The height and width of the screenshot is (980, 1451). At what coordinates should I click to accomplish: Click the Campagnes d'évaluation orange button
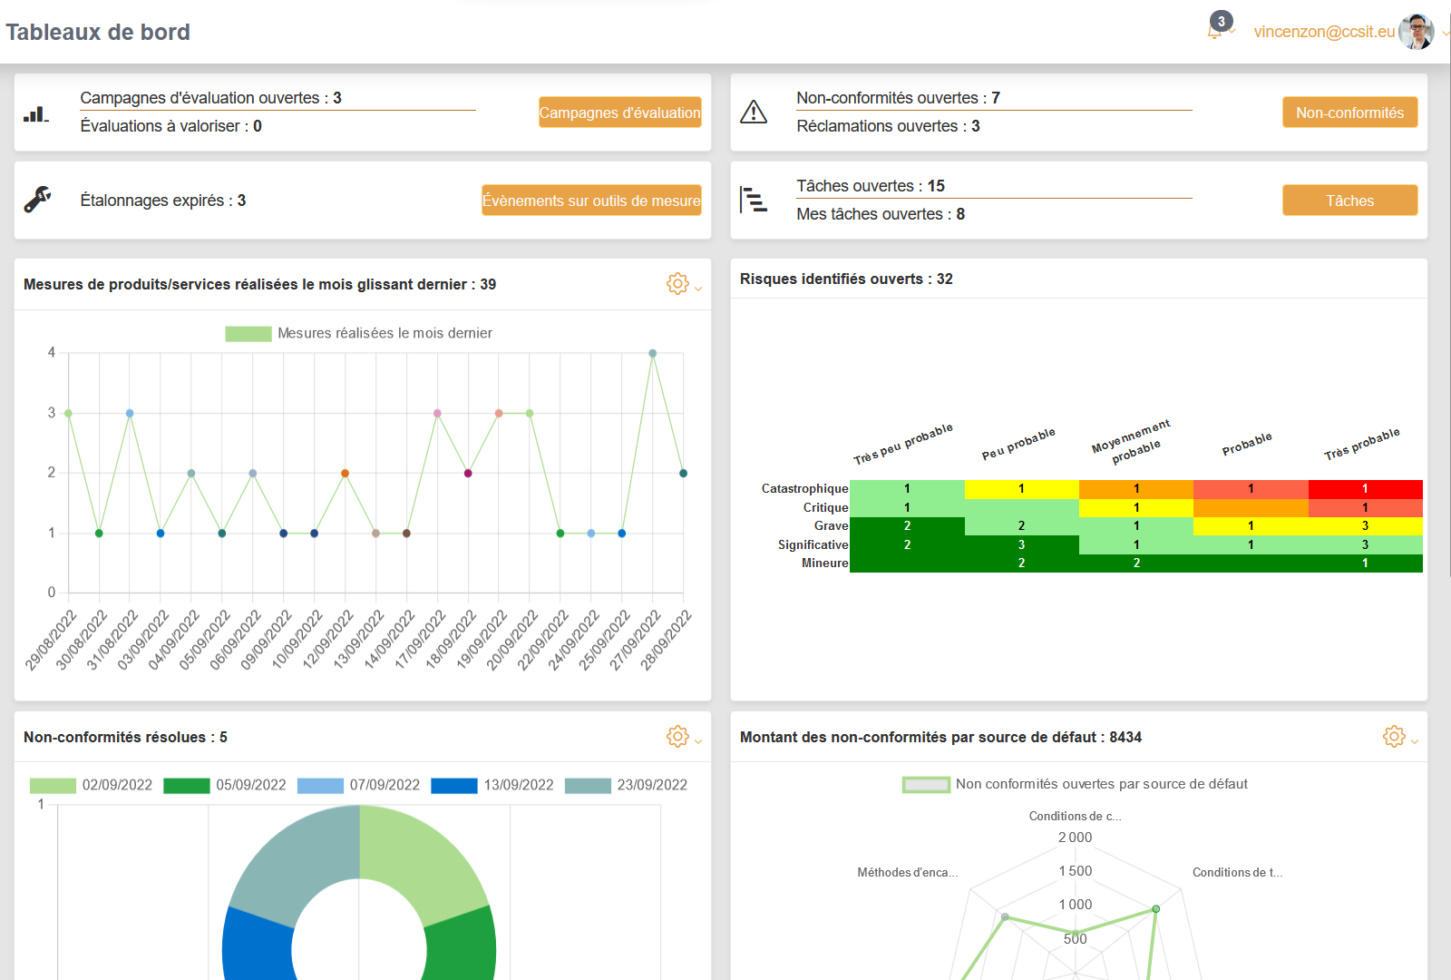click(x=619, y=113)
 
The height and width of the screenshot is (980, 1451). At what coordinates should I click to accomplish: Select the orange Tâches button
click(x=1349, y=201)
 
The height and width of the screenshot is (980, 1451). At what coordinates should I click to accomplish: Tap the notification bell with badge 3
click(x=1215, y=31)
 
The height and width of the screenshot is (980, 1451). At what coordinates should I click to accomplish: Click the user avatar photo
click(x=1416, y=32)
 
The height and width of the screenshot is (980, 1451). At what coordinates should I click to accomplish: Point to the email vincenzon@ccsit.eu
click(x=1324, y=32)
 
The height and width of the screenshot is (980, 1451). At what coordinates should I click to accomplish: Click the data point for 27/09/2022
click(x=653, y=353)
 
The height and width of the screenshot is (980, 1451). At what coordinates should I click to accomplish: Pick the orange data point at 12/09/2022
click(x=345, y=473)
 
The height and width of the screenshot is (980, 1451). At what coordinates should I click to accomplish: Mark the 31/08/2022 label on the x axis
click(x=112, y=641)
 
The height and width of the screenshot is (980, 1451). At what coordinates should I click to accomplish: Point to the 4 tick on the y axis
click(x=52, y=353)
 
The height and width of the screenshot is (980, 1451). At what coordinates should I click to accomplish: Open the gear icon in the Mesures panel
click(x=677, y=284)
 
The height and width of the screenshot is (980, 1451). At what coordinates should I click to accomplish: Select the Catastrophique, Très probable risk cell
click(x=1365, y=489)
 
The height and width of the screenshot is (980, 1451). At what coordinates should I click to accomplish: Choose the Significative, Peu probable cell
click(x=1021, y=544)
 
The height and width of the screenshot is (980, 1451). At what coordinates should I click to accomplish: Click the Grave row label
click(x=831, y=526)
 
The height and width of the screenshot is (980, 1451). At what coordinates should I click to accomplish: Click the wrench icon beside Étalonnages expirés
click(x=37, y=200)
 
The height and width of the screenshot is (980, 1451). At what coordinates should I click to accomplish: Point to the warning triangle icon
click(x=754, y=112)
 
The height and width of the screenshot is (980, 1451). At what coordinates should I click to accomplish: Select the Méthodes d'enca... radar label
click(x=907, y=873)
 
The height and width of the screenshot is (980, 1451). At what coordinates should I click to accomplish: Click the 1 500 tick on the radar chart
click(x=1076, y=871)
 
